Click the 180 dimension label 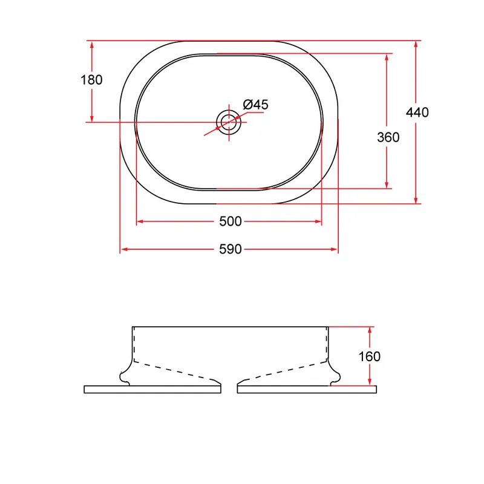coord(91,80)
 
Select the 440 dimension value coord(417,113)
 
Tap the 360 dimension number coord(388,137)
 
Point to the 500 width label coord(231,221)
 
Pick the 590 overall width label coord(231,249)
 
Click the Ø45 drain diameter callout coord(255,105)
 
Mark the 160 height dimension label coord(370,356)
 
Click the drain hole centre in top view coord(229,122)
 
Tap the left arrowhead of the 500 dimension coord(140,221)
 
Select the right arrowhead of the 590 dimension coord(335,249)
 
